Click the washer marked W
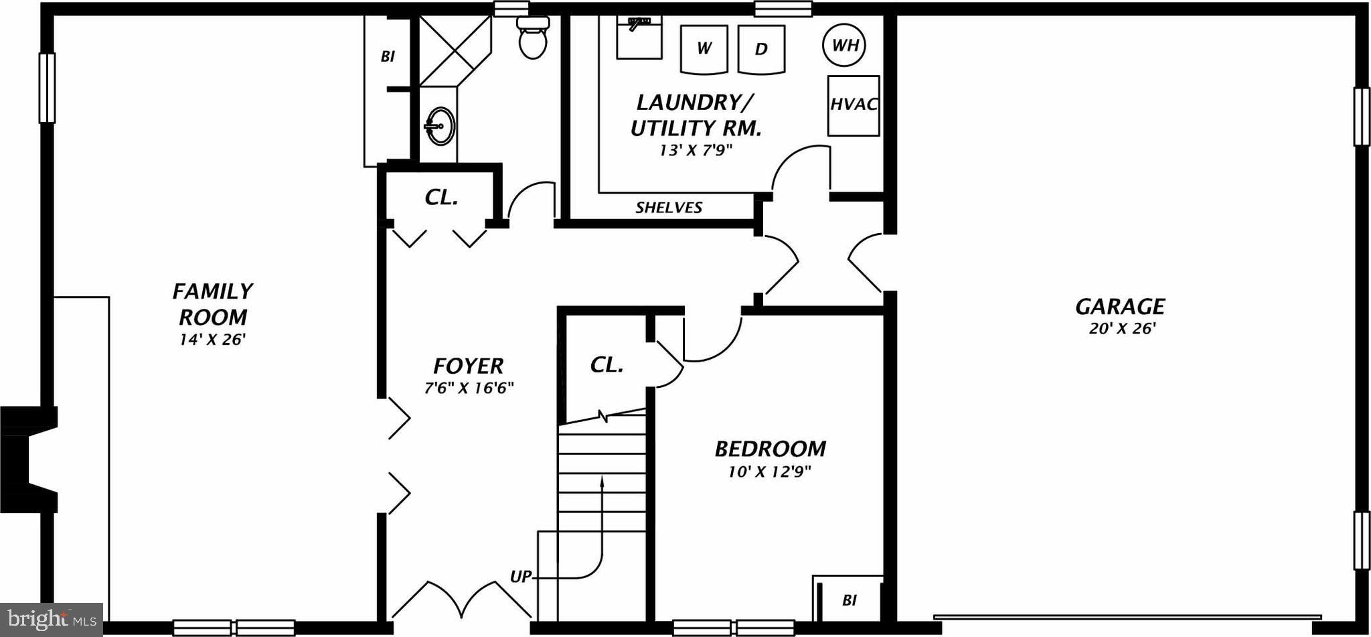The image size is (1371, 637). pyautogui.click(x=703, y=49)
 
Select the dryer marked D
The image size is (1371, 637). pyautogui.click(x=760, y=49)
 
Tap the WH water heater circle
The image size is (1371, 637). pyautogui.click(x=844, y=45)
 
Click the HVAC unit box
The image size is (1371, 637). pyautogui.click(x=853, y=105)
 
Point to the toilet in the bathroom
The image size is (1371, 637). pyautogui.click(x=533, y=38)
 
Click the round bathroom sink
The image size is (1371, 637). pyautogui.click(x=440, y=126)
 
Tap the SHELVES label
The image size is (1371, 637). pyautogui.click(x=668, y=208)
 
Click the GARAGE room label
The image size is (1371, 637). pyautogui.click(x=1119, y=307)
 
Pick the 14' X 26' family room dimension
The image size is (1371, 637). pyautogui.click(x=212, y=340)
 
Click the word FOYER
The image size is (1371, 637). pyautogui.click(x=468, y=366)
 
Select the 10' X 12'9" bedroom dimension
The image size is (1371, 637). pyautogui.click(x=769, y=472)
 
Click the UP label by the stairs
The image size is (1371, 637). pyautogui.click(x=520, y=577)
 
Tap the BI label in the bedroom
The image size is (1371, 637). pyautogui.click(x=849, y=600)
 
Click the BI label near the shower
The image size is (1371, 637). pyautogui.click(x=387, y=57)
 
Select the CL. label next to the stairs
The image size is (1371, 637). pyautogui.click(x=607, y=365)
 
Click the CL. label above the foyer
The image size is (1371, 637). pyautogui.click(x=441, y=197)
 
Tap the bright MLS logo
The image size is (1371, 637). pyautogui.click(x=51, y=619)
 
